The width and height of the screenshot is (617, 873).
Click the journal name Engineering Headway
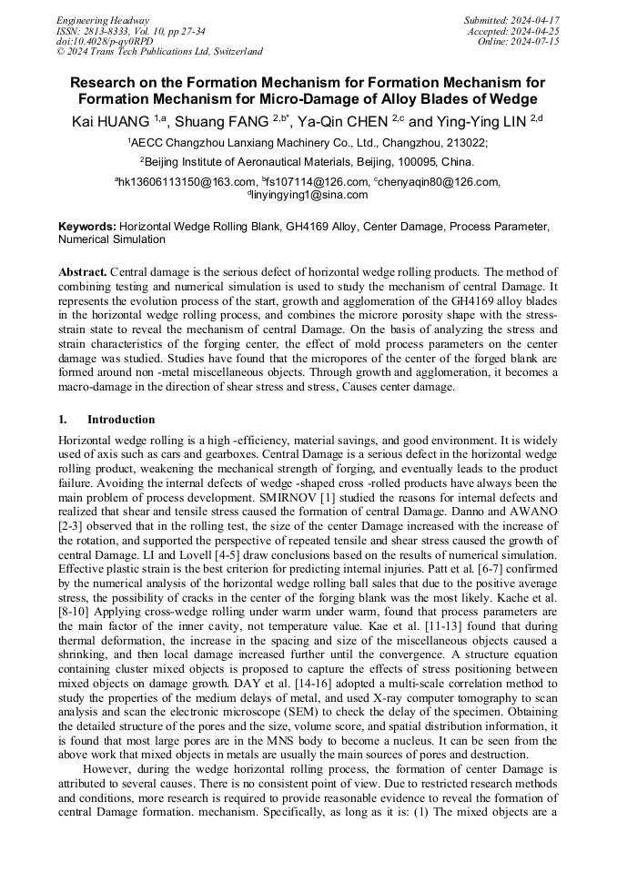pyautogui.click(x=103, y=20)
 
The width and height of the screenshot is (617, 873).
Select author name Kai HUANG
pyautogui.click(x=109, y=120)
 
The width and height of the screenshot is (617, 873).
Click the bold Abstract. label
pyautogui.click(x=83, y=272)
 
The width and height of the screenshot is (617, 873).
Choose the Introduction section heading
pyautogui.click(x=120, y=420)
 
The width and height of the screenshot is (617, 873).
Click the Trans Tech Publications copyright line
pyautogui.click(x=159, y=52)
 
